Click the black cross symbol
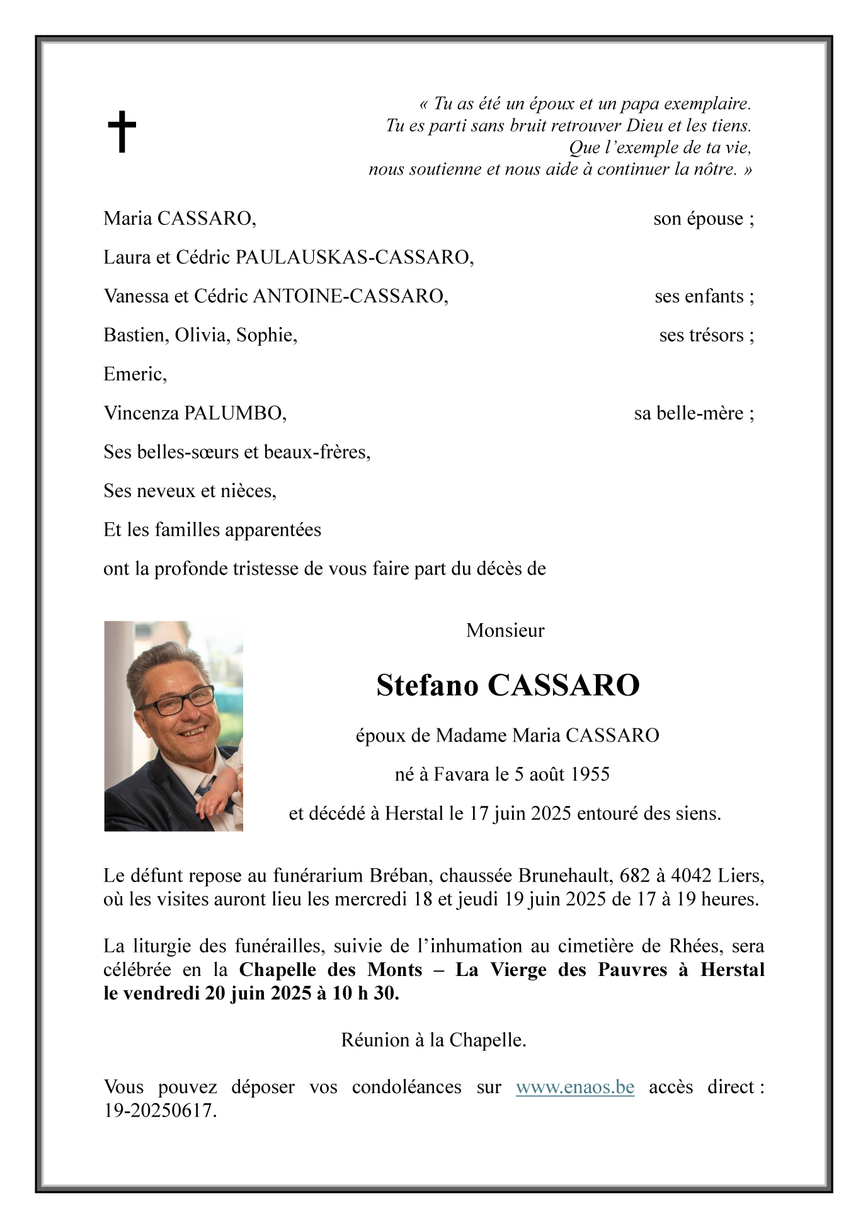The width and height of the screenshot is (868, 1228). [122, 132]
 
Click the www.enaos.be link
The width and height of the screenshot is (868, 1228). [574, 1087]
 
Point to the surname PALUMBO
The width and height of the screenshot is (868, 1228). [235, 413]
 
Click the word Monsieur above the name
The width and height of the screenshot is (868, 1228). [505, 631]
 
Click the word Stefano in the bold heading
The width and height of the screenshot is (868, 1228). [427, 686]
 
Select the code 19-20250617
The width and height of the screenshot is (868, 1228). [160, 1110]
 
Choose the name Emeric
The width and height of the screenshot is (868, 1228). [134, 374]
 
